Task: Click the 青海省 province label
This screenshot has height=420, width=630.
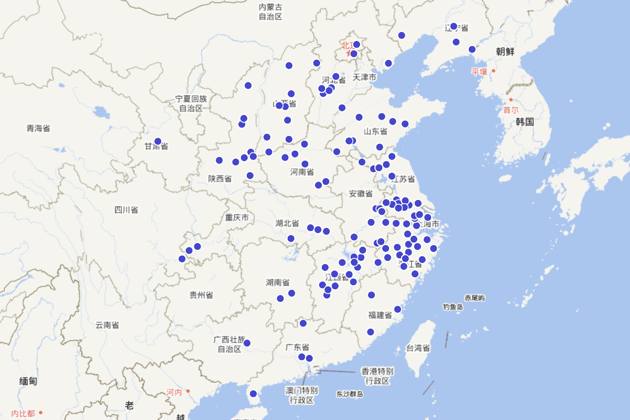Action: coord(38,128)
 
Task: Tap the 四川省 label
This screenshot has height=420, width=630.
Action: coord(126,210)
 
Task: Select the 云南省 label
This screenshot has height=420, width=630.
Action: coord(107,325)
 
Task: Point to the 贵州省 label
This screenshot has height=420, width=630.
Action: coord(201,295)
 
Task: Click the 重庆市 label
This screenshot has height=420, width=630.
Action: coord(237,217)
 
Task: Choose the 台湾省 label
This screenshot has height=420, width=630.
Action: coord(418,348)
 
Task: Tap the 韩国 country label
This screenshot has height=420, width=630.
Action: coord(524,122)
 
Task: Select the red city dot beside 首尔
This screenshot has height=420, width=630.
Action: coord(511,100)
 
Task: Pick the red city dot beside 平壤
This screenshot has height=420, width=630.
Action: coord(493,71)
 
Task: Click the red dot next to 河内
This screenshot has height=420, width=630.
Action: coord(188,391)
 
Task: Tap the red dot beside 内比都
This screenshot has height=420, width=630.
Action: coord(40,413)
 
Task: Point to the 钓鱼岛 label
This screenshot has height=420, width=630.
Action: coord(453,307)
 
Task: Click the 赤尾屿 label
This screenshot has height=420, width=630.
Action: coord(475,298)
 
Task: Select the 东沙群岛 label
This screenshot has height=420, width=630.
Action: coord(350,394)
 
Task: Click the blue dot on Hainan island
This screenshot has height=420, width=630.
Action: coord(253,394)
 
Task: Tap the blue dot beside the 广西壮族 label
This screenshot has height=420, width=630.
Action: coord(247,343)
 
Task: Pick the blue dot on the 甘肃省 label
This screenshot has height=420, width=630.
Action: coord(157,141)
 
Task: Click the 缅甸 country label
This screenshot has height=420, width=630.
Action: coord(28,381)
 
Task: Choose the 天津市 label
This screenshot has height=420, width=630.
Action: coord(364,77)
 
